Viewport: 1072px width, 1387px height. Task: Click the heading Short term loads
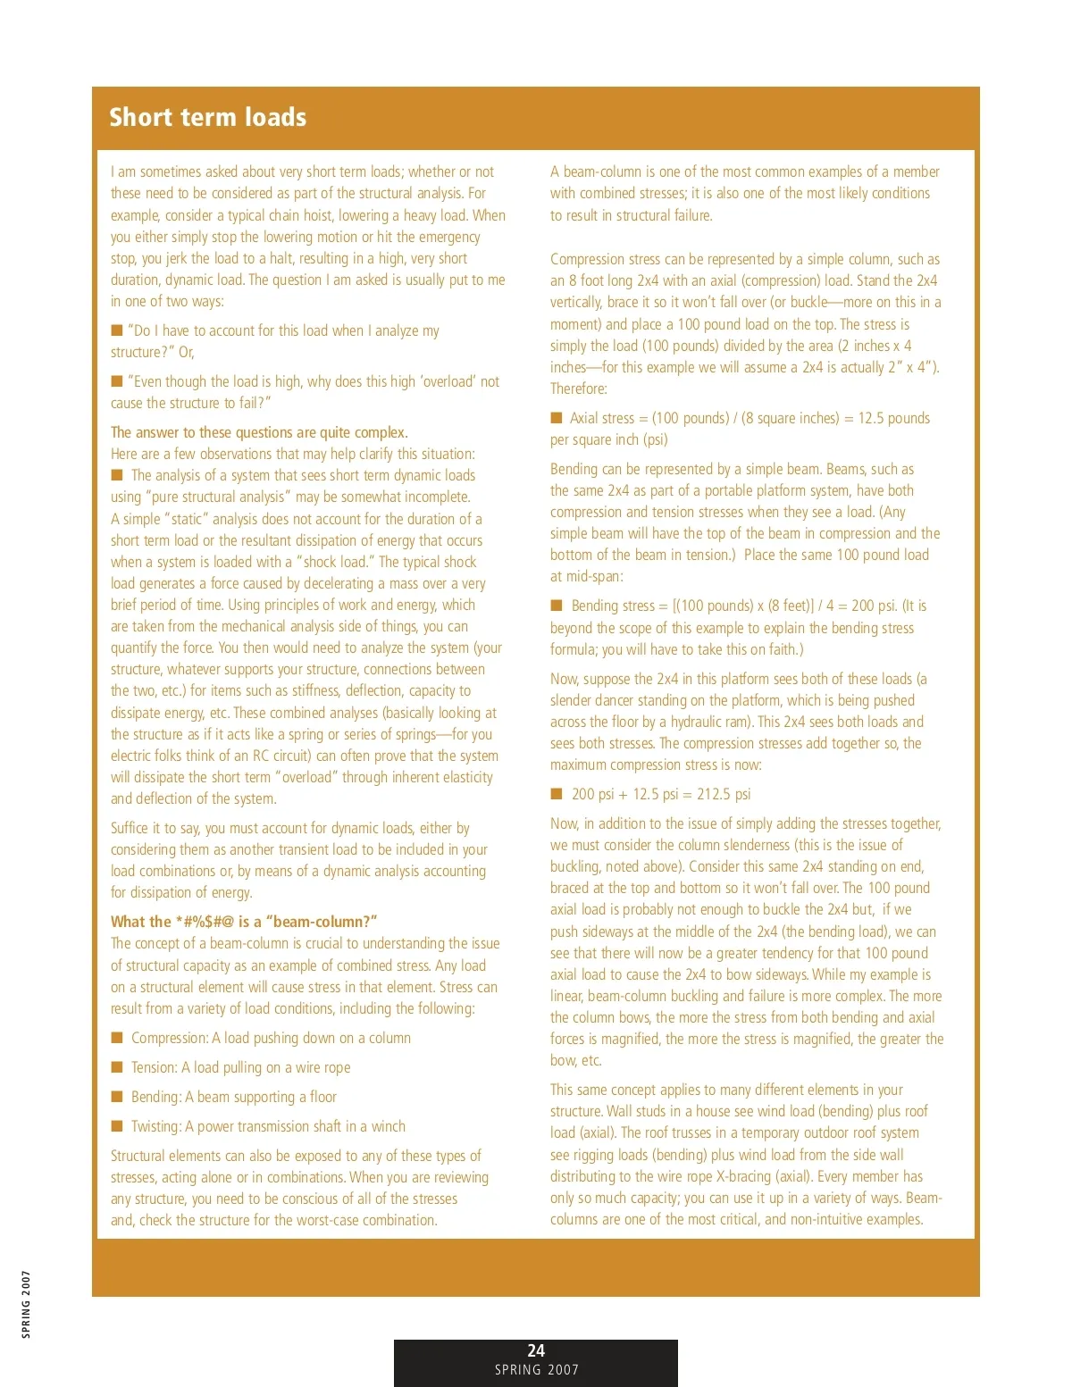(x=207, y=117)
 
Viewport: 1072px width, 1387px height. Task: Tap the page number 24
(x=536, y=1350)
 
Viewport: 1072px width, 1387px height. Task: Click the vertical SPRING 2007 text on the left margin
(x=26, y=1303)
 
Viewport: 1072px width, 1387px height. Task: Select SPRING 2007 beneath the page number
(x=536, y=1370)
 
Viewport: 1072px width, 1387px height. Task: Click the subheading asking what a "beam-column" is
(x=244, y=922)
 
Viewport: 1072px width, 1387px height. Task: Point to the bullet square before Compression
(x=116, y=1038)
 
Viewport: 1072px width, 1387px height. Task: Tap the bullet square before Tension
(x=116, y=1067)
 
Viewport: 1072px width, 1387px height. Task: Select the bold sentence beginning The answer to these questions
(x=259, y=432)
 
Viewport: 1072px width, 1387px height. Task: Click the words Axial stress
(x=601, y=418)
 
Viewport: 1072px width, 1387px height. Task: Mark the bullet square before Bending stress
(x=557, y=606)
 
